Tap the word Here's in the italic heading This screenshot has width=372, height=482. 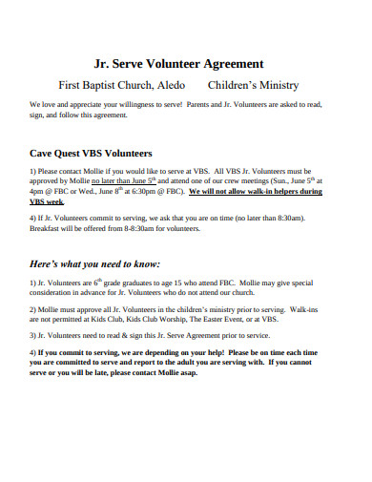tap(48, 263)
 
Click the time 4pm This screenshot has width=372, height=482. tap(36, 192)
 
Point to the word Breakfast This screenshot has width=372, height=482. tap(48, 229)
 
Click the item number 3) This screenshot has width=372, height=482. tap(34, 335)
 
